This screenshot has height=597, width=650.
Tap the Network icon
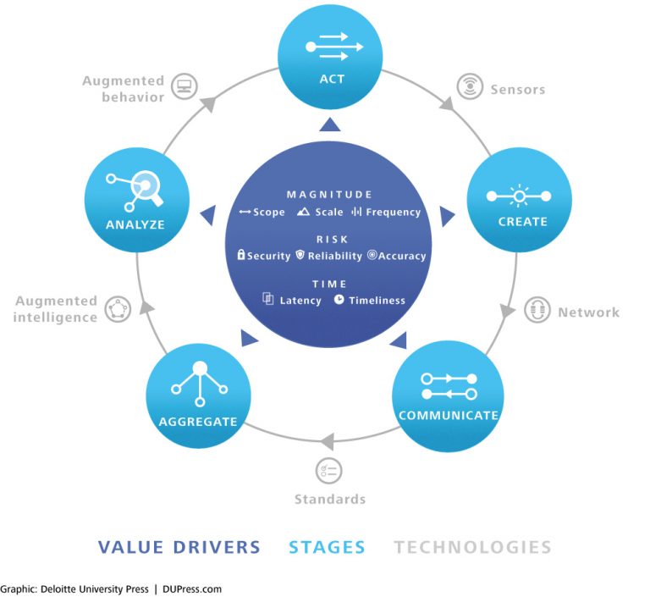[x=537, y=311]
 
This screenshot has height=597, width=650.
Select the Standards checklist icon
[x=328, y=471]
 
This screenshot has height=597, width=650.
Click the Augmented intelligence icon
[x=118, y=309]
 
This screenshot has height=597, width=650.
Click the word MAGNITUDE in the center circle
[x=329, y=195]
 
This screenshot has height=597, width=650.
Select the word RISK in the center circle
[x=329, y=240]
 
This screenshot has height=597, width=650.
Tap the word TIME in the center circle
[x=329, y=285]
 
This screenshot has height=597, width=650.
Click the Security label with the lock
[x=263, y=256]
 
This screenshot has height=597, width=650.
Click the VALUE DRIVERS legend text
[x=179, y=547]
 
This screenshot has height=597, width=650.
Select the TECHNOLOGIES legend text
[x=472, y=547]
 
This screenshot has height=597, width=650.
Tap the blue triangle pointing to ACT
[x=329, y=125]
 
